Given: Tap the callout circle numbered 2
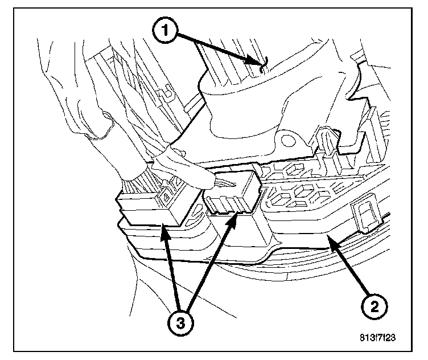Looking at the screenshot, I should point(373,307).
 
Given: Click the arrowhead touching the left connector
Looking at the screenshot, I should point(163,228).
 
